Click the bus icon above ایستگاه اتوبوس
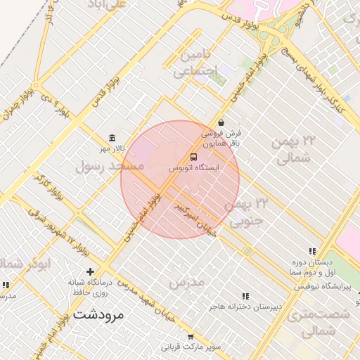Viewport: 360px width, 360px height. click(x=194, y=157)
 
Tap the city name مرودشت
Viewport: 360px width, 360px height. click(x=98, y=314)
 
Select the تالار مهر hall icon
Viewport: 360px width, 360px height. click(x=112, y=138)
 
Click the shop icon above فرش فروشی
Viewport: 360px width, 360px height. click(x=221, y=122)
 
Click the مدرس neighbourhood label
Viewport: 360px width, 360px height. click(x=186, y=282)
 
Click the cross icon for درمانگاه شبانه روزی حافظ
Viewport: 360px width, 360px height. click(x=90, y=271)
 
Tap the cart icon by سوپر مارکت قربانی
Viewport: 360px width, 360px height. click(x=191, y=337)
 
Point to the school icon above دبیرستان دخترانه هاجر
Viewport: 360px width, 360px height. click(x=245, y=297)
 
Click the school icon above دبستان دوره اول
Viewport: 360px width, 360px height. click(x=311, y=251)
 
